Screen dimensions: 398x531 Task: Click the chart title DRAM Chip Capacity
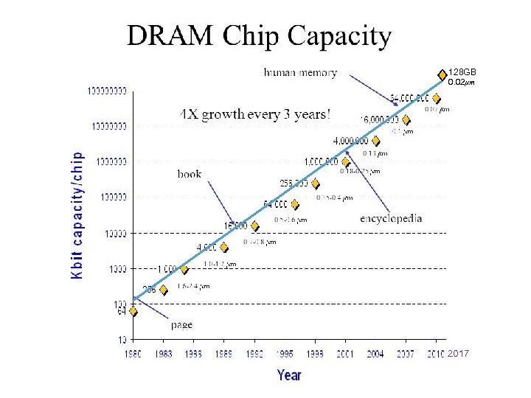(259, 35)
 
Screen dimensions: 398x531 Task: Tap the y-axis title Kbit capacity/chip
(77, 215)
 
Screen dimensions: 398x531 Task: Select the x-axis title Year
(289, 375)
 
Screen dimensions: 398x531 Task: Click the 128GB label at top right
(462, 72)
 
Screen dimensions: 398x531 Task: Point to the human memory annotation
(300, 72)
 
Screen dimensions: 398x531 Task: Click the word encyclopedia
(391, 218)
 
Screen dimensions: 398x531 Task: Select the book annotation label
(190, 174)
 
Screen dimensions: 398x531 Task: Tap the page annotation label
(181, 324)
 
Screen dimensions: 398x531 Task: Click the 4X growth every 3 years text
(255, 115)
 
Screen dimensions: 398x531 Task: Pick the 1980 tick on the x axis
(133, 355)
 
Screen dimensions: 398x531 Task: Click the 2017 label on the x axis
(459, 355)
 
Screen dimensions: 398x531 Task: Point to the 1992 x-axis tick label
(254, 355)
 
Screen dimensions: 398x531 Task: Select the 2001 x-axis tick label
(345, 355)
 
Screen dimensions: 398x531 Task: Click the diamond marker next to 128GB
(442, 73)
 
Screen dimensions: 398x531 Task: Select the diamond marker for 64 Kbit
(133, 311)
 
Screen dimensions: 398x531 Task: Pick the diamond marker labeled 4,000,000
(375, 141)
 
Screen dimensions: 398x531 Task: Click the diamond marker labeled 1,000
(184, 269)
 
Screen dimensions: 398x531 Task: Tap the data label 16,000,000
(379, 119)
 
